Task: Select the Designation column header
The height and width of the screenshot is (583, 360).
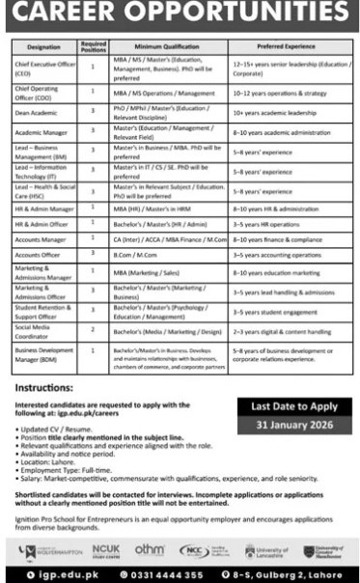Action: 42,46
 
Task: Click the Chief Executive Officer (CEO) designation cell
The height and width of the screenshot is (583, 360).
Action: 42,69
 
